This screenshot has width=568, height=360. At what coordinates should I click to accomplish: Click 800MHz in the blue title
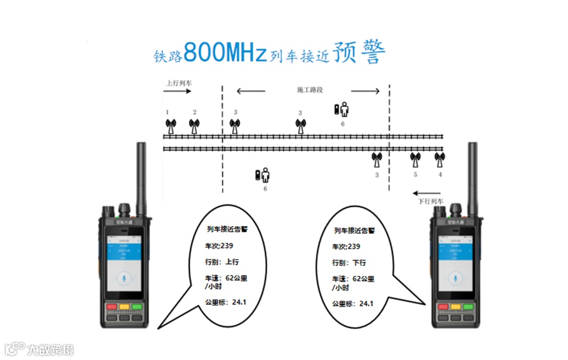(x=226, y=53)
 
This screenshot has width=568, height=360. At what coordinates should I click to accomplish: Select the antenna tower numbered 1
(x=170, y=127)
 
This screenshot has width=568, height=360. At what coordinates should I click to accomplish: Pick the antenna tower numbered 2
(x=195, y=127)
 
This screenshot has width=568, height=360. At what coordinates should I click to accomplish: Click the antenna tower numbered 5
(x=415, y=159)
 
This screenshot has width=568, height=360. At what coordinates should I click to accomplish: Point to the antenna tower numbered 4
(x=439, y=159)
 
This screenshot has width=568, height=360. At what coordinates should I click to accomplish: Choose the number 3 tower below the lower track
(x=377, y=159)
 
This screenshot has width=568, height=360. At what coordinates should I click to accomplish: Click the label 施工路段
(x=308, y=90)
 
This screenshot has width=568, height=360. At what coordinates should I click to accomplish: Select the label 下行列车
(x=431, y=201)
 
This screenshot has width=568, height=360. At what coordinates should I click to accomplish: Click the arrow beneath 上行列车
(x=177, y=91)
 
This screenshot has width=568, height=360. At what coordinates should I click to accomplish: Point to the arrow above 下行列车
(x=427, y=192)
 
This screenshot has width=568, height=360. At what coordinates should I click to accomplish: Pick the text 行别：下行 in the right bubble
(x=349, y=262)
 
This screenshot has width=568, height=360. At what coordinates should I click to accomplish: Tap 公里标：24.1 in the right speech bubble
(x=352, y=304)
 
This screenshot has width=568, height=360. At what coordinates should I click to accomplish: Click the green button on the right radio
(x=468, y=306)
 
